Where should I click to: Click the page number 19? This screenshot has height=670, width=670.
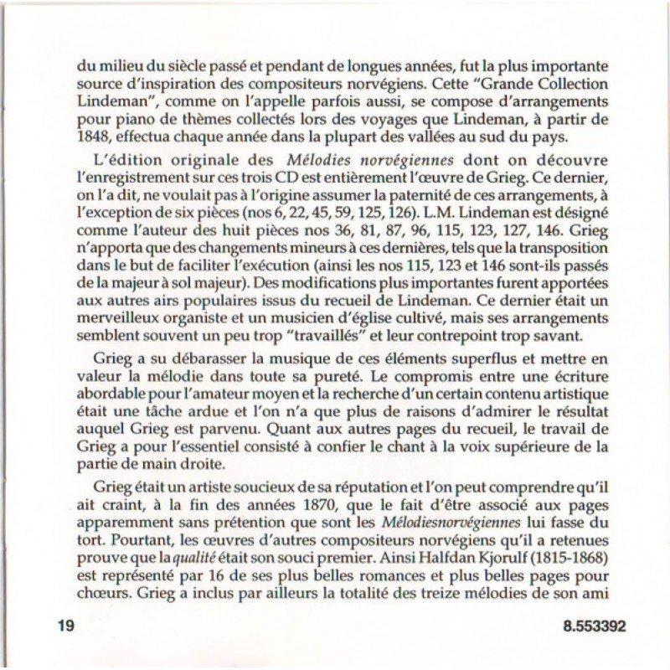tap(64, 626)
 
